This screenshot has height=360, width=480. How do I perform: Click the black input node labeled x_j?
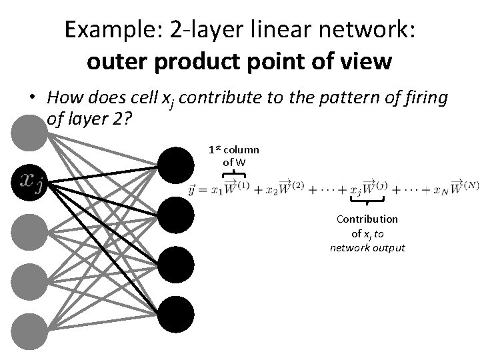(29, 180)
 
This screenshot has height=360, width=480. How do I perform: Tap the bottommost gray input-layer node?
(29, 330)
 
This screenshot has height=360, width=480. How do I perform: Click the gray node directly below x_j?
(29, 230)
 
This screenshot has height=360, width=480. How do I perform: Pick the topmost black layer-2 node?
(177, 164)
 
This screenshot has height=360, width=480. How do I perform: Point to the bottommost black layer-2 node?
(177, 313)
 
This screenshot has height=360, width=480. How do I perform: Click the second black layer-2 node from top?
(177, 214)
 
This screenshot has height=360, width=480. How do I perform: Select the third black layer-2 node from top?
(177, 264)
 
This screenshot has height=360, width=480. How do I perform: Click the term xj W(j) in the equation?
(368, 187)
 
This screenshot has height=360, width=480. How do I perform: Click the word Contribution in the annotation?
(367, 219)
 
